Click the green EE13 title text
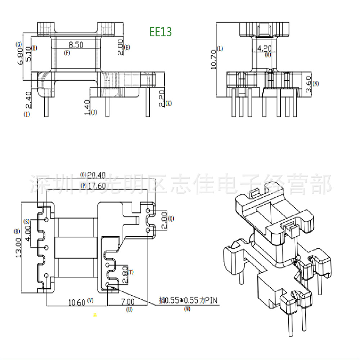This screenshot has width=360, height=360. point(161,32)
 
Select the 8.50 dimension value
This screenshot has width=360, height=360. point(76,45)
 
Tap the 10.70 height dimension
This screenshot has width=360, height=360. point(213,59)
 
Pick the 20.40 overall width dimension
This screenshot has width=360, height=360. point(96,175)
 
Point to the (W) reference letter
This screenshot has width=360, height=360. point(187,309)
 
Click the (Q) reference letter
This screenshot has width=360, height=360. point(171,218)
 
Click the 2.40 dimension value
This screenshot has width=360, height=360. point(29,100)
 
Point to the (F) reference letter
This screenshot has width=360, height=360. point(67,53)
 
